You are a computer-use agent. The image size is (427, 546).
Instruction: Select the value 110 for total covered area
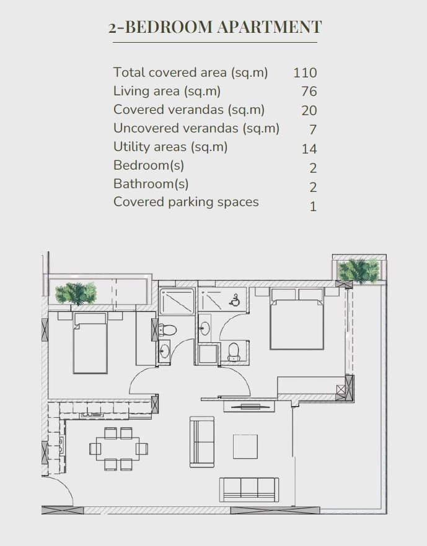coord(305,72)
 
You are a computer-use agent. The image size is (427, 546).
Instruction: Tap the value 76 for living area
coord(309,92)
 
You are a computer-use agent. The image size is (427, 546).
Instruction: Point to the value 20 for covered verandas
coord(309,111)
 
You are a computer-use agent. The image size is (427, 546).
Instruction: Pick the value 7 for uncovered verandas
coord(313,130)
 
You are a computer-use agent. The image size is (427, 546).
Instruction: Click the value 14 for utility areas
coord(309,149)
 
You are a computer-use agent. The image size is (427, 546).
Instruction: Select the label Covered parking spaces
coord(186,202)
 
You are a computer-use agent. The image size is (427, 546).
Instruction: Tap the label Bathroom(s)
coord(151,184)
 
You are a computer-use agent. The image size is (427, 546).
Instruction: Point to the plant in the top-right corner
coord(358,271)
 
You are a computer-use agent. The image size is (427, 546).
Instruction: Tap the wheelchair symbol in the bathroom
coord(236,301)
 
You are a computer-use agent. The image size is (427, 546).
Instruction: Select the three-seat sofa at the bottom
coord(247,488)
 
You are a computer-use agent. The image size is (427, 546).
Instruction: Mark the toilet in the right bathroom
coord(234,351)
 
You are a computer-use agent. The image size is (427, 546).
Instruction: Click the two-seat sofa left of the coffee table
coord(201,438)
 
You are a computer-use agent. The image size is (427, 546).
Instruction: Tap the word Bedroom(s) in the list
coord(149,165)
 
